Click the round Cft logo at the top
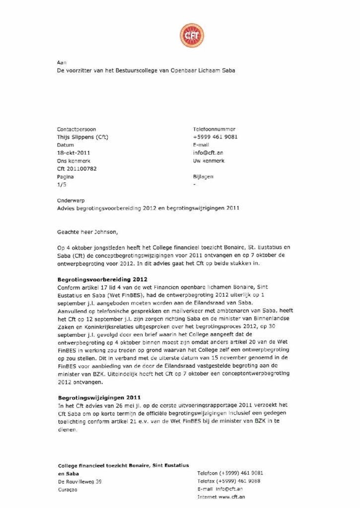point(192,35)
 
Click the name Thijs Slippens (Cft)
point(83,136)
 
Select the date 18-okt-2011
point(74,153)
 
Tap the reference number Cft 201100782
point(77,169)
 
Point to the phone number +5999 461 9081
point(215,136)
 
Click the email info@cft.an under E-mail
point(208,153)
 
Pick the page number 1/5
point(62,185)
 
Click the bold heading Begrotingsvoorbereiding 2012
point(102,279)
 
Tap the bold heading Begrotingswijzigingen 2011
point(99,397)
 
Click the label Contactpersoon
point(76,128)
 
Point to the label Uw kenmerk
point(209,161)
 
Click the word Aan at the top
point(62,63)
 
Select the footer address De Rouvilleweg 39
point(80,481)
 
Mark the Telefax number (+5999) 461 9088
point(240,481)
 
